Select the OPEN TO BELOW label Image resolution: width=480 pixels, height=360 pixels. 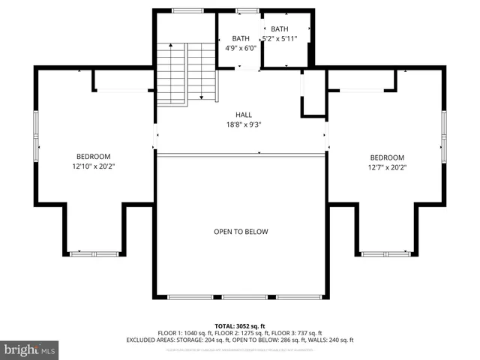coord(241,232)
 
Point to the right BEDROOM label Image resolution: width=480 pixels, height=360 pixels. coord(387,157)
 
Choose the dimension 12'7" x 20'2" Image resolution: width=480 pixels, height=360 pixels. coord(387,167)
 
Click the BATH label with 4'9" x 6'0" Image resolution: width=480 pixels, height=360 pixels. coord(241,38)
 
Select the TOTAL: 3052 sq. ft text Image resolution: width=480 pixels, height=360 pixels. coord(240,325)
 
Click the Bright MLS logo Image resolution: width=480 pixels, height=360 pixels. coord(30,349)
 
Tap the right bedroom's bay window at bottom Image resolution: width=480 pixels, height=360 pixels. coord(385,254)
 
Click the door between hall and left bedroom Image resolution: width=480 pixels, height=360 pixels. coord(156,136)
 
